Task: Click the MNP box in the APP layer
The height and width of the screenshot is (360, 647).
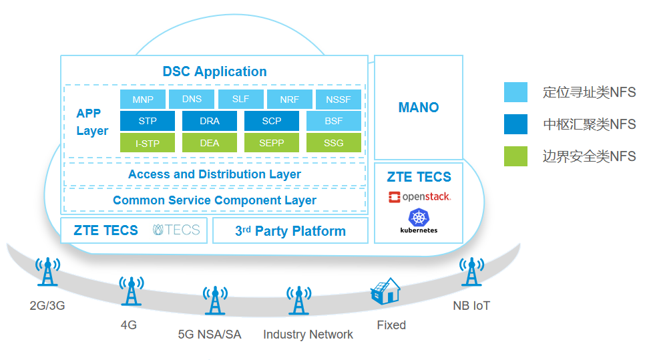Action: (143, 100)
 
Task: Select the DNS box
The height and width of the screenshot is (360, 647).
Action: (192, 100)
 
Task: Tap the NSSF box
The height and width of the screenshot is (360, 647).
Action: (338, 100)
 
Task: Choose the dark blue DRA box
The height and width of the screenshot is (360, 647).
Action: (210, 121)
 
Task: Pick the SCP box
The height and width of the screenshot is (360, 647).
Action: (272, 121)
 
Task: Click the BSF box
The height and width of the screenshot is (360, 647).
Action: (334, 121)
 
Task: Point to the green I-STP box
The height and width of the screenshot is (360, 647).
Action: (147, 143)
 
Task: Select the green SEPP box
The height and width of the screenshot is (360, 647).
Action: (272, 143)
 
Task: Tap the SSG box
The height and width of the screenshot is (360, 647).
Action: (334, 143)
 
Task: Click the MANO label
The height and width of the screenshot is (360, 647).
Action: (419, 108)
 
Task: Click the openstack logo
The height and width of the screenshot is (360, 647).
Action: (419, 197)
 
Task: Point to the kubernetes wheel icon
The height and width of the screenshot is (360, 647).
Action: (419, 217)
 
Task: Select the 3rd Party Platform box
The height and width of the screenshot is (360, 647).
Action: (290, 231)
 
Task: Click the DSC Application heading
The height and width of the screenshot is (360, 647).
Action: (214, 71)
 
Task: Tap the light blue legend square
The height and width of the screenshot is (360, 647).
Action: (515, 92)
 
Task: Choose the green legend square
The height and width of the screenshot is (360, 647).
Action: (515, 156)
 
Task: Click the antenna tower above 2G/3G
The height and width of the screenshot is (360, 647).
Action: (47, 274)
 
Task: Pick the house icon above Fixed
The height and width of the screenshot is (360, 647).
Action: (385, 292)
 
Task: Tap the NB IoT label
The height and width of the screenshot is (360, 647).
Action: (471, 306)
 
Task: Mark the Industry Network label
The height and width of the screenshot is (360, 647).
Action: (308, 335)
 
